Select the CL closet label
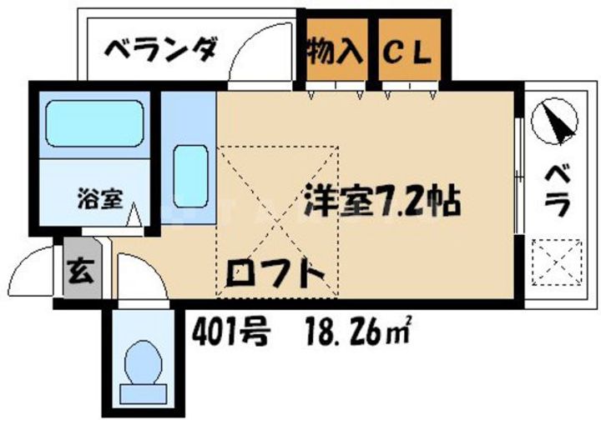[x=407, y=52]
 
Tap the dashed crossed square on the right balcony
[x=557, y=261]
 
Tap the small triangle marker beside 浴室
[x=134, y=218]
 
